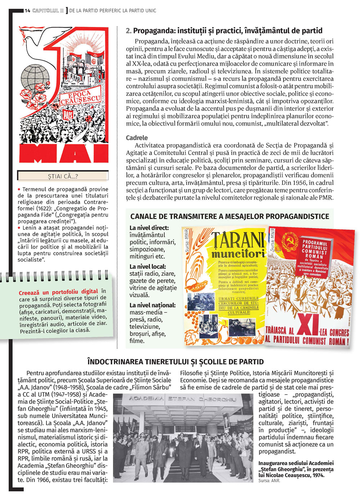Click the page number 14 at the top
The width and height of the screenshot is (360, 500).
27,11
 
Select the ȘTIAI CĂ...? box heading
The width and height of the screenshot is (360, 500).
63,176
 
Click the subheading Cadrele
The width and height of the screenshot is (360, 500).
137,138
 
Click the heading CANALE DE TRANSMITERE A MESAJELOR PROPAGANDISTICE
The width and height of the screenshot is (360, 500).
230,216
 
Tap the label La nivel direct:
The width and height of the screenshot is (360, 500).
149,228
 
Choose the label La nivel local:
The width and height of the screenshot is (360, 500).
148,267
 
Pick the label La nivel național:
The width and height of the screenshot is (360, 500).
153,305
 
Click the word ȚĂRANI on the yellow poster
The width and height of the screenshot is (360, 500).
238,241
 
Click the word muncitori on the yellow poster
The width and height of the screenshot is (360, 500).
238,254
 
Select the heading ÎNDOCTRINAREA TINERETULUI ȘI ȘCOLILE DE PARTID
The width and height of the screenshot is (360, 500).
176,362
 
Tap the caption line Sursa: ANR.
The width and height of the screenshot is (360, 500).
269,481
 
